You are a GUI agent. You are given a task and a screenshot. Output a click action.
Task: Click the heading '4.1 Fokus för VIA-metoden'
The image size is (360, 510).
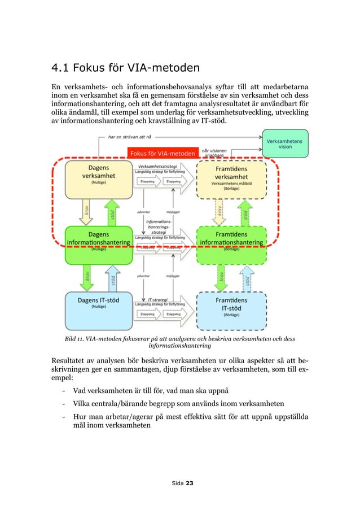click(125, 69)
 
